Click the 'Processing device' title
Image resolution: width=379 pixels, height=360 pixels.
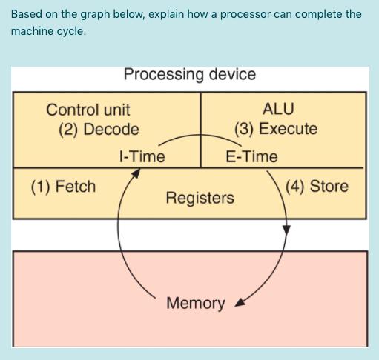pyautogui.click(x=190, y=75)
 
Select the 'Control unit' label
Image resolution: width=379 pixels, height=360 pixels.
pyautogui.click(x=88, y=110)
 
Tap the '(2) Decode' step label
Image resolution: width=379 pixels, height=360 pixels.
pyautogui.click(x=99, y=129)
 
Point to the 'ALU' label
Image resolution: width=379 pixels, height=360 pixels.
pyautogui.click(x=278, y=109)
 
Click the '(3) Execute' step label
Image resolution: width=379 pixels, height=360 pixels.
pyautogui.click(x=276, y=128)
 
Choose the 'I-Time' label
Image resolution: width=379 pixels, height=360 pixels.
pyautogui.click(x=142, y=156)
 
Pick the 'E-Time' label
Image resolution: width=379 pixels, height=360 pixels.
pyautogui.click(x=251, y=156)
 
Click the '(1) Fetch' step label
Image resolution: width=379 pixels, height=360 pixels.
pyautogui.click(x=63, y=186)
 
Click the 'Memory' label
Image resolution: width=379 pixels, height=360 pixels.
pyautogui.click(x=196, y=303)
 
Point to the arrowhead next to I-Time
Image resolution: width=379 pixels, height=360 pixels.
pyautogui.click(x=136, y=173)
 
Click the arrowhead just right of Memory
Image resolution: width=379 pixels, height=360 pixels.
pyautogui.click(x=239, y=303)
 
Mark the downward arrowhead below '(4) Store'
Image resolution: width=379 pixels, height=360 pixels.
pyautogui.click(x=286, y=232)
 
